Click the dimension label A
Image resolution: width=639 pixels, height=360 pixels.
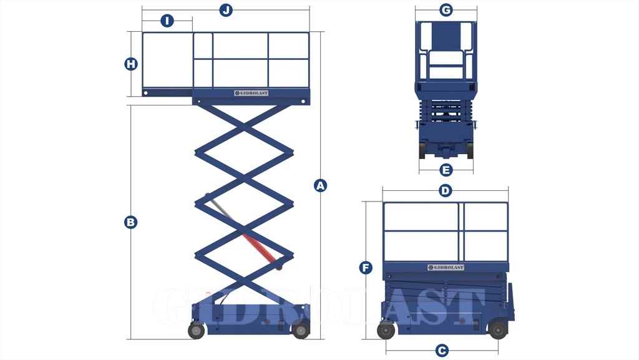[320, 186]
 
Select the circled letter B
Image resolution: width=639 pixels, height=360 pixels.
[131, 222]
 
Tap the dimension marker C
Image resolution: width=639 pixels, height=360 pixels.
[442, 350]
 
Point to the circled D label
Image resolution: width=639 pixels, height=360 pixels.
[446, 190]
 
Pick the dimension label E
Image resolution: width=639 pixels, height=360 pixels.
[446, 170]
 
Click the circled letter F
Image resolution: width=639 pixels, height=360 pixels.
[366, 268]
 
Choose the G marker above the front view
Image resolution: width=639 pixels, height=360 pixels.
[446, 10]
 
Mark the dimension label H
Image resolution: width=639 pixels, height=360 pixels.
[131, 64]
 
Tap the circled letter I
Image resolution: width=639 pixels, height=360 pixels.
[167, 21]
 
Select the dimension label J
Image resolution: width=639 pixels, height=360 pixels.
[226, 10]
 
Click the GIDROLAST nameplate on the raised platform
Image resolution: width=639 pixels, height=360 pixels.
[251, 93]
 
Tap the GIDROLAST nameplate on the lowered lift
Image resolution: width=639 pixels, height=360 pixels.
[446, 268]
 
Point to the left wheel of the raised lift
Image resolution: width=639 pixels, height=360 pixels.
[196, 330]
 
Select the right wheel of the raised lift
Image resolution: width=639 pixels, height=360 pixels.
[301, 330]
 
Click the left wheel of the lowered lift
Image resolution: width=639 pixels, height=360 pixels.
[386, 330]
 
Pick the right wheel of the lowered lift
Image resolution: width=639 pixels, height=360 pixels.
[497, 330]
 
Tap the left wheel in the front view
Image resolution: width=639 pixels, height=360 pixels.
[422, 150]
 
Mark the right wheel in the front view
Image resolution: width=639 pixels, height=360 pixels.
[471, 150]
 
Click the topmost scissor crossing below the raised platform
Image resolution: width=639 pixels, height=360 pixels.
[244, 127]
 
